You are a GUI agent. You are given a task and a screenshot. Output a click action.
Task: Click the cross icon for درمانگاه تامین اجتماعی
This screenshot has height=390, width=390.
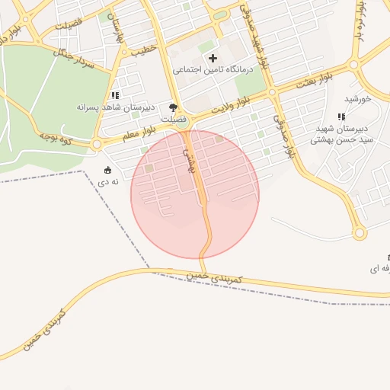(x=212, y=58)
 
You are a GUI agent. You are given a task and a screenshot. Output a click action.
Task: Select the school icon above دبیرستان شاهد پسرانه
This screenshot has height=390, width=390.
(x=115, y=95)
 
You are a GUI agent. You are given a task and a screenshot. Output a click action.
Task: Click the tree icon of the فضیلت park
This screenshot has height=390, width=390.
(x=174, y=108)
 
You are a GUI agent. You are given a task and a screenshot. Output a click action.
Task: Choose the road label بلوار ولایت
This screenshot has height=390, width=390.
(x=232, y=105)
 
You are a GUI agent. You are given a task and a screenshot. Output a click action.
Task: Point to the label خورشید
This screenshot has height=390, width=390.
(x=357, y=98)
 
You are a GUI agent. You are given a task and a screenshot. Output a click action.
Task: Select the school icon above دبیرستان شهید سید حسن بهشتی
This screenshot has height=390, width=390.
(x=341, y=117)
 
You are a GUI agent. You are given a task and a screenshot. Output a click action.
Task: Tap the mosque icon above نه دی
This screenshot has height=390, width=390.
(x=107, y=170)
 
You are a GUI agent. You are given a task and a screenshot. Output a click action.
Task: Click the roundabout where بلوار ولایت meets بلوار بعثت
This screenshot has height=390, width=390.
(x=272, y=93)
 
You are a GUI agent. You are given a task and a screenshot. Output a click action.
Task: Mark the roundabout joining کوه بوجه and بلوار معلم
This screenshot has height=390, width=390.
(x=96, y=144)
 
